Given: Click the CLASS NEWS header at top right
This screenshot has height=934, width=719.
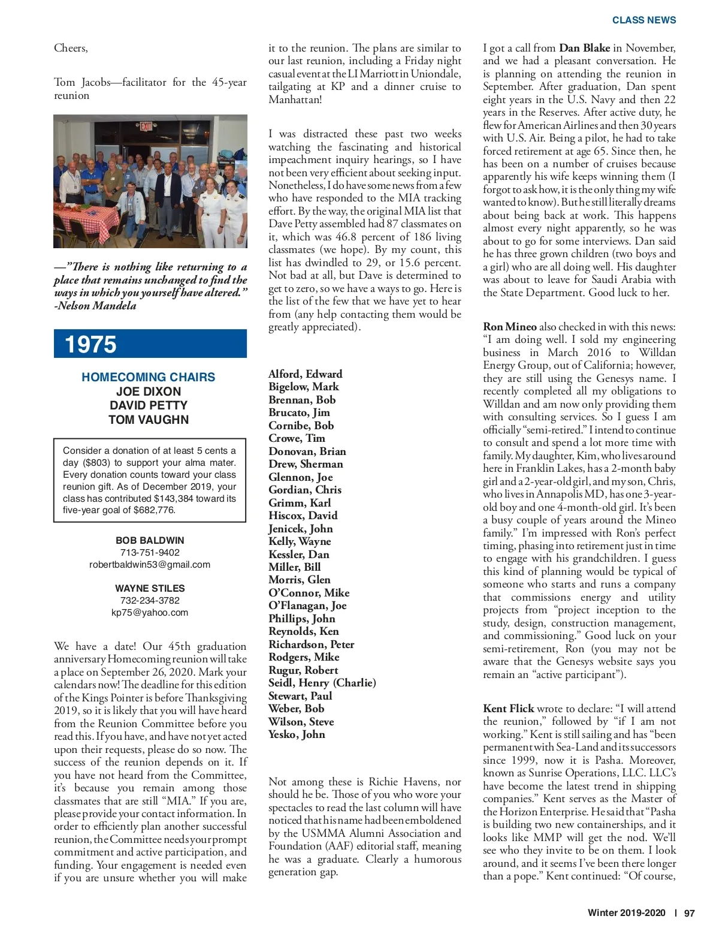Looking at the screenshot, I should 644,20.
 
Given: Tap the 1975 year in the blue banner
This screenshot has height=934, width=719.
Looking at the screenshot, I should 90,344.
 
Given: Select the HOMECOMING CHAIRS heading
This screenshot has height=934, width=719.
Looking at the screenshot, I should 148,377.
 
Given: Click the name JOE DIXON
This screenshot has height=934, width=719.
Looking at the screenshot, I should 148,391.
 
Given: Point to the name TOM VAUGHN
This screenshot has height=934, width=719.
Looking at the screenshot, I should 148,420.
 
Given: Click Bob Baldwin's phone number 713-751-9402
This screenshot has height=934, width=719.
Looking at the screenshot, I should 150,553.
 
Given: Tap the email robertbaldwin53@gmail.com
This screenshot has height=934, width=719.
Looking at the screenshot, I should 150,565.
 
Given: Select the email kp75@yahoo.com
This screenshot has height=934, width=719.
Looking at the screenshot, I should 150,613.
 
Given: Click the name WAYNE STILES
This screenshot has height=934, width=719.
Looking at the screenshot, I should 150,589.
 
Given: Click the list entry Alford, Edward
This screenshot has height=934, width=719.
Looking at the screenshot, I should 305,374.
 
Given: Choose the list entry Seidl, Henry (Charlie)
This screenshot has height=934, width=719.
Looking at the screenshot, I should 322,683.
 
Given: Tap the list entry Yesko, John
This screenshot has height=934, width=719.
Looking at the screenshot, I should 297,734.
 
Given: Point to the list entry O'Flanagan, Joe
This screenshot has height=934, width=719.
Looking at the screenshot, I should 307,605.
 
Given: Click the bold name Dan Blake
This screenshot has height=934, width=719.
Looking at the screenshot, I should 584,48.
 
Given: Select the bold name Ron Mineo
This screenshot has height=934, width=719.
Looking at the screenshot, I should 510,327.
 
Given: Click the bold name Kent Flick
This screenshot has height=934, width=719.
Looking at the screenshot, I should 509,709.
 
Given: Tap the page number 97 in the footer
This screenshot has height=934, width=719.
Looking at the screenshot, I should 689,913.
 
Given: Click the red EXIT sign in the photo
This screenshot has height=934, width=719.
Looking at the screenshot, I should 146,126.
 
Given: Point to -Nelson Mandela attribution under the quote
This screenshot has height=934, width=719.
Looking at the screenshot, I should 95,306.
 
